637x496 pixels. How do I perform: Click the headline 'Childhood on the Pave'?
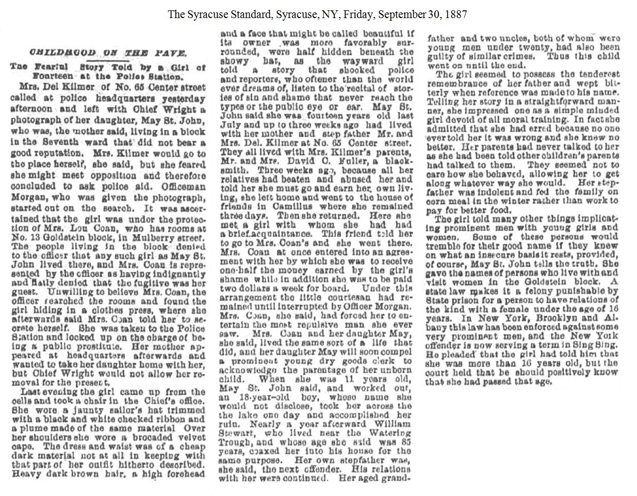point(108,53)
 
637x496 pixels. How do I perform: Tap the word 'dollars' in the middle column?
point(252,287)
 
